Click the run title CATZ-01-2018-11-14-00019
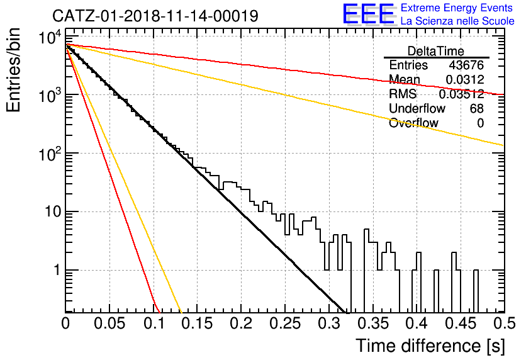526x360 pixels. pyautogui.click(x=155, y=16)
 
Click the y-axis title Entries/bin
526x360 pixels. pyautogui.click(x=13, y=70)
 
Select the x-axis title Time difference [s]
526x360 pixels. pyautogui.click(x=430, y=346)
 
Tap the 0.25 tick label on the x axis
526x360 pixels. pyautogui.click(x=285, y=323)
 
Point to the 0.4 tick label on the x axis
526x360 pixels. pyautogui.click(x=417, y=323)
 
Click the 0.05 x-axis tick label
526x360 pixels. pyautogui.click(x=109, y=323)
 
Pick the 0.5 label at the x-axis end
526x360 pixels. pyautogui.click(x=504, y=323)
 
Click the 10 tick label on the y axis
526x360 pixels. pyautogui.click(x=53, y=211)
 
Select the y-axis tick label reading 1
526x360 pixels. pyautogui.click(x=57, y=270)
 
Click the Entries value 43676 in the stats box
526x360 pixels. pyautogui.click(x=466, y=65)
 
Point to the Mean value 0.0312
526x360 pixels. pyautogui.click(x=464, y=79)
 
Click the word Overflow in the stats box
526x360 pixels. pyautogui.click(x=413, y=123)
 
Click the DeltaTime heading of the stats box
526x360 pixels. pyautogui.click(x=436, y=51)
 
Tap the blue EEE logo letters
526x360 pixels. pyautogui.click(x=369, y=14)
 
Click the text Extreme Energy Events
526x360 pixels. pyautogui.click(x=457, y=8)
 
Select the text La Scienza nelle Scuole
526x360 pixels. pyautogui.click(x=457, y=21)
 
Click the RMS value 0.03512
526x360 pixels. pyautogui.click(x=461, y=94)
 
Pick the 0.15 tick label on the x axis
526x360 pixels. pyautogui.click(x=197, y=323)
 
